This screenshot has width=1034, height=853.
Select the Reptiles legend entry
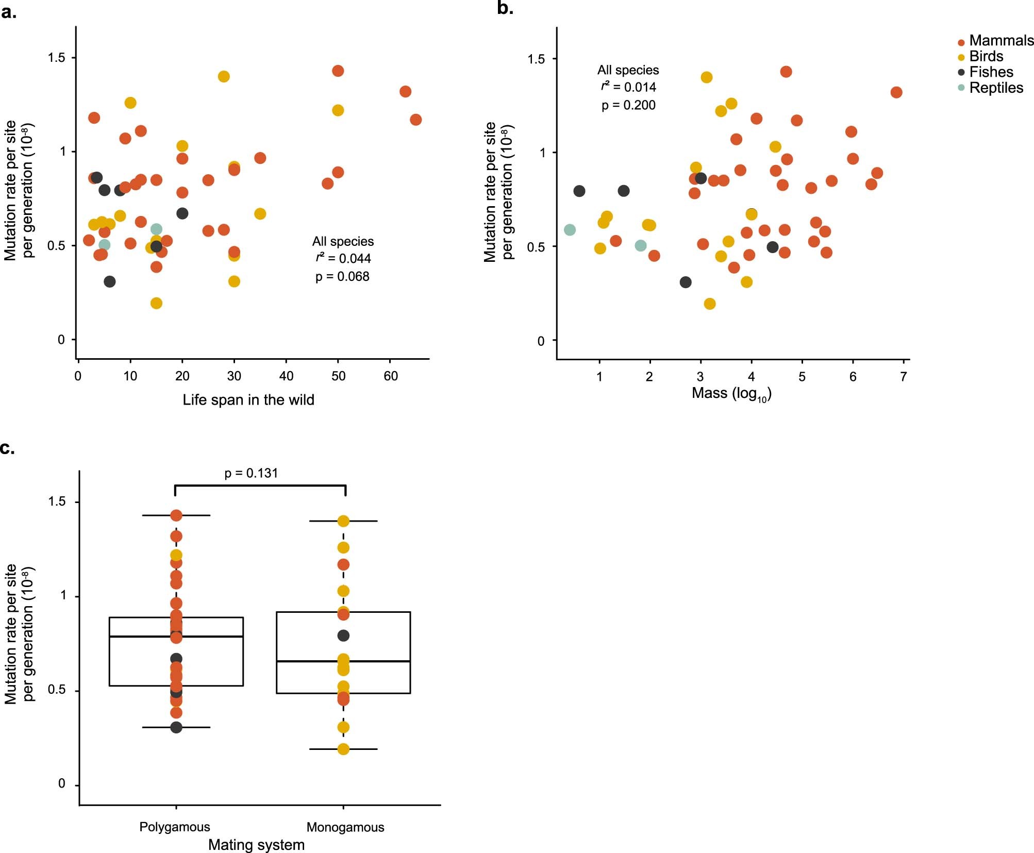tap(995, 88)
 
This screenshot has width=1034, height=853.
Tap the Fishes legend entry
tap(990, 72)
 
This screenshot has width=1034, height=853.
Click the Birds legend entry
tap(986, 56)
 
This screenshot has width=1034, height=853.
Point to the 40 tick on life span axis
tap(286, 376)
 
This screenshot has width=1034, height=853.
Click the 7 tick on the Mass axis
tap(904, 377)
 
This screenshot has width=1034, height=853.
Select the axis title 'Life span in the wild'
tap(248, 400)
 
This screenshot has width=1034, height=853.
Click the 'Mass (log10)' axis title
tap(731, 394)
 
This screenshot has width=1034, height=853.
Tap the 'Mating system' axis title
tap(256, 845)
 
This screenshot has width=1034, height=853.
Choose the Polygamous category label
tap(175, 827)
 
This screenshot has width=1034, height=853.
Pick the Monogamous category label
tap(345, 827)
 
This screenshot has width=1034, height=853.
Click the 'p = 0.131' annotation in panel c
tap(251, 473)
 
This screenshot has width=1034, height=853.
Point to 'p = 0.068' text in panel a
tap(342, 277)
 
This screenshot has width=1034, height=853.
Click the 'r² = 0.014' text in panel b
tap(628, 87)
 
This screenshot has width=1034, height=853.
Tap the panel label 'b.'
tap(505, 8)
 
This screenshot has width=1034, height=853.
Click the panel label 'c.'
tap(7, 448)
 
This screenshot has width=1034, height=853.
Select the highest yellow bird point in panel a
tap(223, 76)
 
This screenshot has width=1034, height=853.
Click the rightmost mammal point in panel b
tap(896, 92)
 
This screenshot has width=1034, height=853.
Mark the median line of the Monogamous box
tap(343, 661)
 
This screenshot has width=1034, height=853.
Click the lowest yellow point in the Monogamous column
tap(343, 749)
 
